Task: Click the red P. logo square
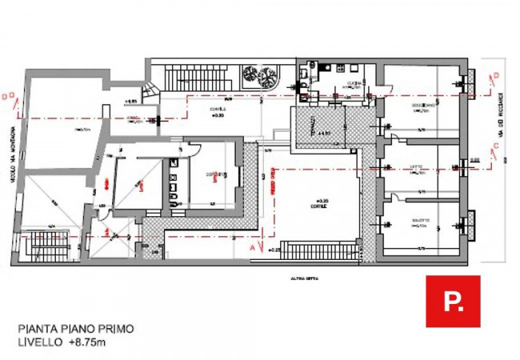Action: [x=453, y=301]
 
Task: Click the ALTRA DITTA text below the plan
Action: [x=292, y=280]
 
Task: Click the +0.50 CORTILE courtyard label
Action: [x=218, y=112]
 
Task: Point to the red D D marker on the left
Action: [x=7, y=96]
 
